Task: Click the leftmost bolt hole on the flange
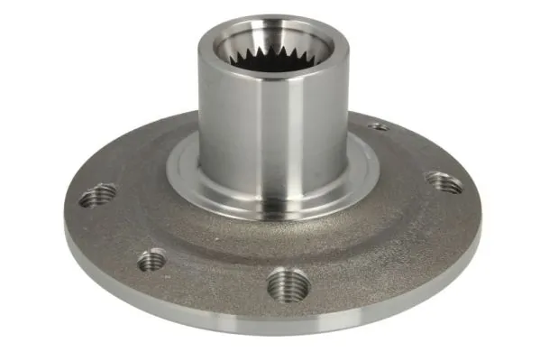point(97,194)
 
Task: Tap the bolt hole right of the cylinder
point(444,182)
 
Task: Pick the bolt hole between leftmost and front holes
point(151,260)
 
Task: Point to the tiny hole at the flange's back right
point(380,127)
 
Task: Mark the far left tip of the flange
point(66,217)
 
